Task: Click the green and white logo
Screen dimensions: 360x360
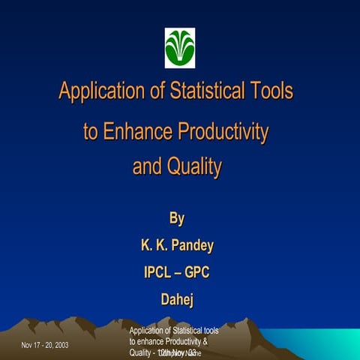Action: click(x=180, y=47)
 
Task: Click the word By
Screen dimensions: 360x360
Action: click(x=177, y=219)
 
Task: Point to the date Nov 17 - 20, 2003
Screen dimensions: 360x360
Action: click(x=46, y=345)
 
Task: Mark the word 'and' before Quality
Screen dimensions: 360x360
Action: click(x=145, y=167)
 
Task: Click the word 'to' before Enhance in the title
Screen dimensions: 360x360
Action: click(x=90, y=133)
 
